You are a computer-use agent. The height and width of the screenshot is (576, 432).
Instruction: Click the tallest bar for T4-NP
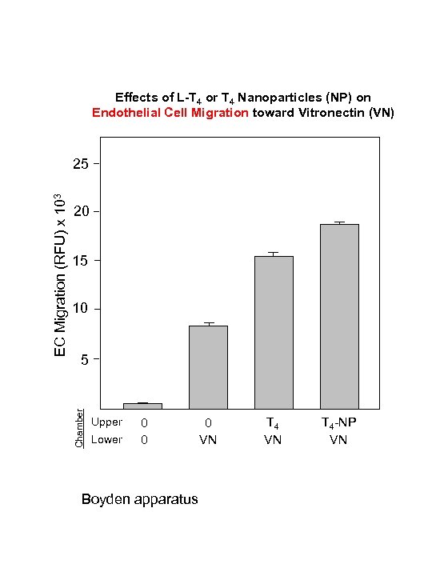339,316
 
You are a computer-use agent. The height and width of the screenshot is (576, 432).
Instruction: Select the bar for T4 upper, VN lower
274,332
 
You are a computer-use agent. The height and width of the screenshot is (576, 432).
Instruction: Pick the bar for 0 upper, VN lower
208,366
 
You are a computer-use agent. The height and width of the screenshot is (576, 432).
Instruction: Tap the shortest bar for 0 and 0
142,406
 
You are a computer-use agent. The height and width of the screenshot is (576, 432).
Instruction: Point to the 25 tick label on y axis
80,164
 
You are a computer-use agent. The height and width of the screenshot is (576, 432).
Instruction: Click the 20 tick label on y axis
80,212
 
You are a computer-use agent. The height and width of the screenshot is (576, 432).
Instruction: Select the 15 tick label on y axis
80,261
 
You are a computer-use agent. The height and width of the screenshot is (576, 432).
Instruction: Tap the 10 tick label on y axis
80,310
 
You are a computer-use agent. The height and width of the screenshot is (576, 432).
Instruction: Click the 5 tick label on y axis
84,359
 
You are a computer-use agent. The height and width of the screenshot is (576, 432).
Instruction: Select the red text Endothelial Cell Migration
170,112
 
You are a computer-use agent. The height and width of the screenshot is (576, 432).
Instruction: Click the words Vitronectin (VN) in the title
346,112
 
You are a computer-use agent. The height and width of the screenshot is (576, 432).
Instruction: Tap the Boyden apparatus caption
139,499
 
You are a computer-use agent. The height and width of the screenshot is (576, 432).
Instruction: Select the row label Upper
106,422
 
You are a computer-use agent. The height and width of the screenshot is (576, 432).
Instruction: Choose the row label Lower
106,439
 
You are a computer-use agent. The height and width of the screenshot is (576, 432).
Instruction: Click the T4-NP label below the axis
338,422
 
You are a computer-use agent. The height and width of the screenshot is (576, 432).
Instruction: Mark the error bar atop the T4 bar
274,254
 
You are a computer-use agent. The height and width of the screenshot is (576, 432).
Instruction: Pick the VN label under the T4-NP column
338,440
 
